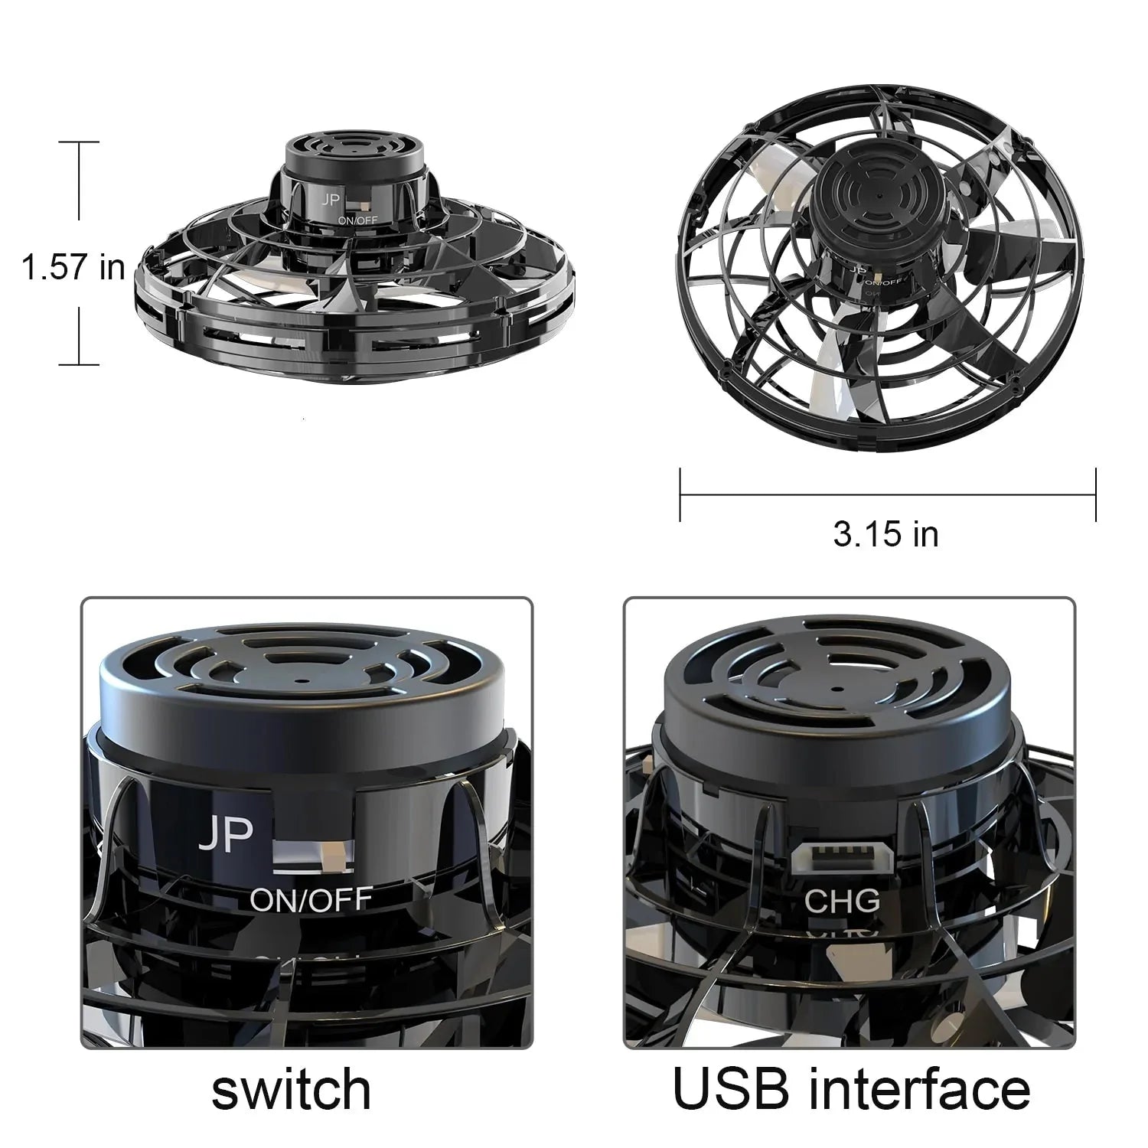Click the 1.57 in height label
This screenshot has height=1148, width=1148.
click(73, 268)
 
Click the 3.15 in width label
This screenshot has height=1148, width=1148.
click(885, 534)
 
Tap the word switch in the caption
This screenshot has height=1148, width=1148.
click(291, 1090)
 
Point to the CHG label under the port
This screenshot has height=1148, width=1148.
click(842, 901)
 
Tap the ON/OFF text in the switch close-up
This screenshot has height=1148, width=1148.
click(311, 899)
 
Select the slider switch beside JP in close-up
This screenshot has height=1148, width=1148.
click(312, 855)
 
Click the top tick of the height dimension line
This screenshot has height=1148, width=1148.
click(79, 142)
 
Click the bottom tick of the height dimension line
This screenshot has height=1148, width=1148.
click(79, 364)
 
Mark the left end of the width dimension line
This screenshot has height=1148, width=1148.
click(680, 495)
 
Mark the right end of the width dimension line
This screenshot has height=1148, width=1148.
click(1096, 495)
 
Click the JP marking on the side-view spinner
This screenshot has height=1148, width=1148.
click(331, 201)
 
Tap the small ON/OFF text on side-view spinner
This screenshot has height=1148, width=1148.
click(357, 220)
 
